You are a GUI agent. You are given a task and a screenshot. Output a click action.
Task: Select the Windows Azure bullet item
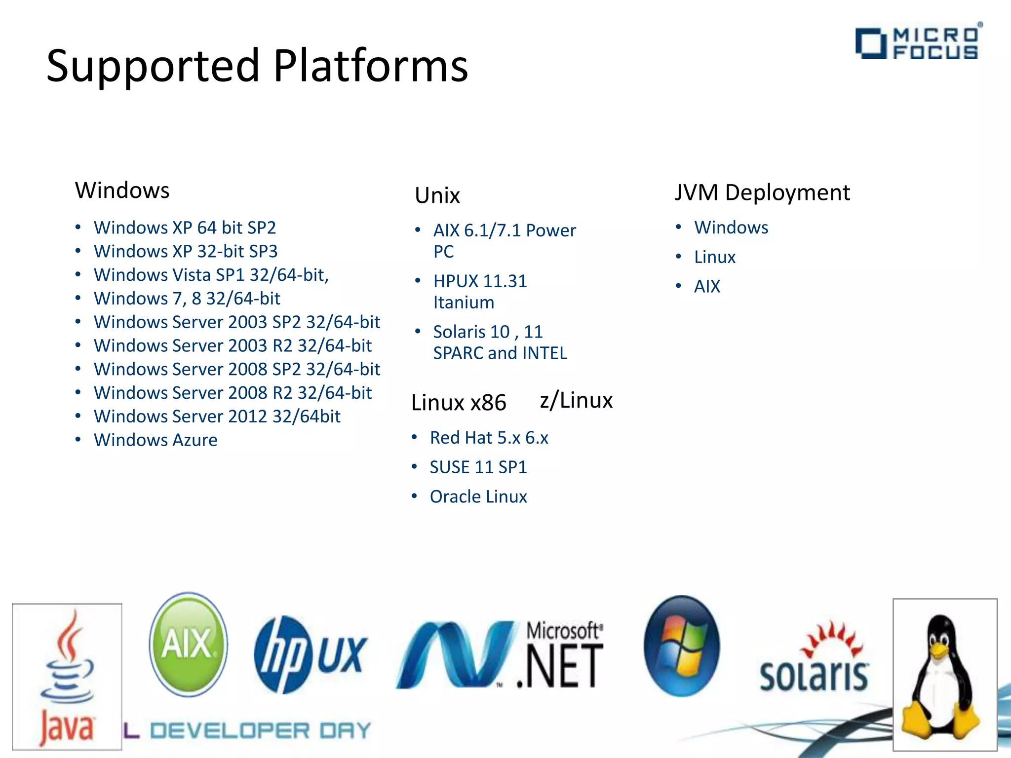[x=156, y=440]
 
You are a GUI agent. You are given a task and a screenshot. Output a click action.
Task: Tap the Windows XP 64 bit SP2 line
[x=185, y=227]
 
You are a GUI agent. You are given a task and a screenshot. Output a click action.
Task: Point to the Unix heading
[x=437, y=195]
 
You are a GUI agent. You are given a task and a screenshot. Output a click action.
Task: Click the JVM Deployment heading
[x=762, y=192]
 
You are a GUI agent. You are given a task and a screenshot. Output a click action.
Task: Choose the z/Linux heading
[x=576, y=400]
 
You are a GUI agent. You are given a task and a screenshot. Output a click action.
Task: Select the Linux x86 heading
[x=459, y=403]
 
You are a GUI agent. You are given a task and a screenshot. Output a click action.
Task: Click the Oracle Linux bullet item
[x=478, y=496]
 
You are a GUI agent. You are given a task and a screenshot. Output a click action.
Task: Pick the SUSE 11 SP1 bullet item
[x=478, y=467]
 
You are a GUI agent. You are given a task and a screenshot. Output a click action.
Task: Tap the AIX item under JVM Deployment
[x=707, y=286]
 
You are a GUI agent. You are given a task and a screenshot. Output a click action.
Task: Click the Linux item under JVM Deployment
[x=715, y=257]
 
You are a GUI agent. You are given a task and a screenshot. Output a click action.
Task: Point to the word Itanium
[x=464, y=303]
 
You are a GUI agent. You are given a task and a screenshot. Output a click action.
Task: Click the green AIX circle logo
[x=188, y=644]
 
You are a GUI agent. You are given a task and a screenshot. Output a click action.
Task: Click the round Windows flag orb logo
[x=682, y=646]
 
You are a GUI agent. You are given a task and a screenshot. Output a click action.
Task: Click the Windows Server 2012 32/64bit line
[x=217, y=417]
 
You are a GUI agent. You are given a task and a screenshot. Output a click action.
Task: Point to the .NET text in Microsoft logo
[x=560, y=667]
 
